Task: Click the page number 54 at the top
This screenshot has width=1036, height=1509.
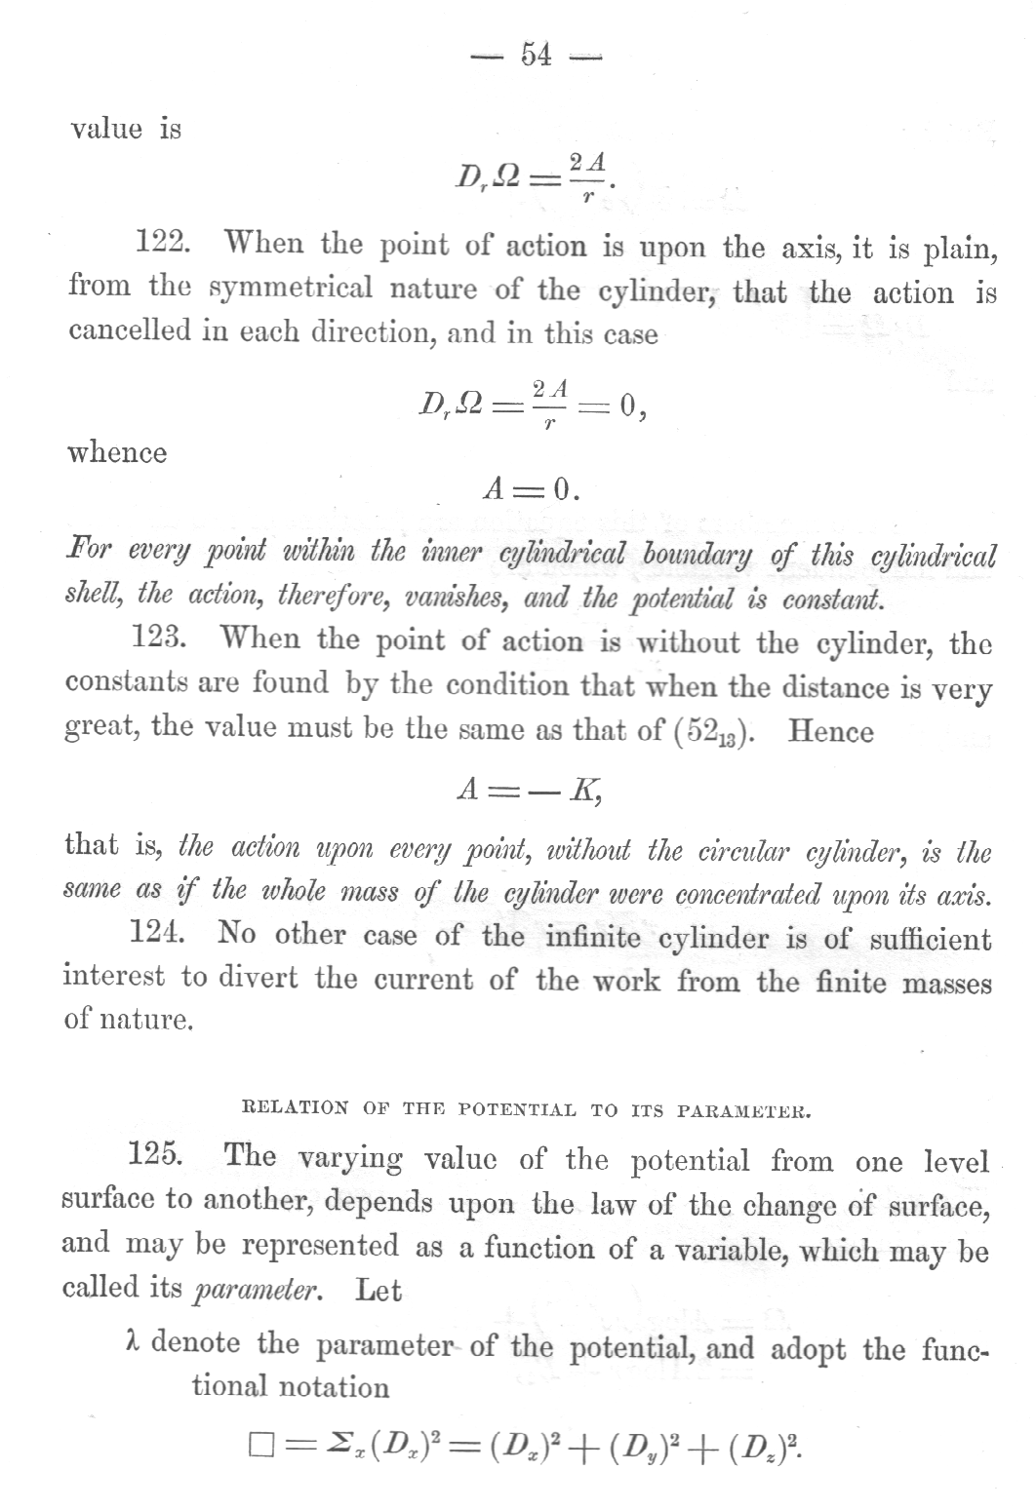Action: pyautogui.click(x=537, y=56)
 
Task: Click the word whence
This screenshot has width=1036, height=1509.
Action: pyautogui.click(x=117, y=452)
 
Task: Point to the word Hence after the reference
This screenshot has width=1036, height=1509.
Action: pyautogui.click(x=830, y=730)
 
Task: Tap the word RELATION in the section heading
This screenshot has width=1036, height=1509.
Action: pyautogui.click(x=294, y=1108)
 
